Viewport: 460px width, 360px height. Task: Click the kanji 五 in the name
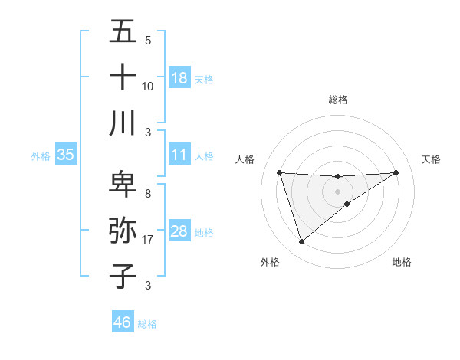pyautogui.click(x=123, y=31)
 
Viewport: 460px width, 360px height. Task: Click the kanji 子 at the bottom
pyautogui.click(x=123, y=275)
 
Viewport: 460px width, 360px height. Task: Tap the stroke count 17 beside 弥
pyautogui.click(x=149, y=240)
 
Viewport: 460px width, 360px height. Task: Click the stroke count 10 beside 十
pyautogui.click(x=148, y=87)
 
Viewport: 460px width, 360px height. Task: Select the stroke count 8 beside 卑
pyautogui.click(x=147, y=194)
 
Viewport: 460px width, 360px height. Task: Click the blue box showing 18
pyautogui.click(x=179, y=78)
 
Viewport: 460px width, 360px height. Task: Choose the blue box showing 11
pyautogui.click(x=179, y=155)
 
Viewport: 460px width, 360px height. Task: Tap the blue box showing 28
pyautogui.click(x=179, y=231)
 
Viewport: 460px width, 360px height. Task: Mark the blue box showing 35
pyautogui.click(x=66, y=155)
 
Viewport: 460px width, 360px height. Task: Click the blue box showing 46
pyautogui.click(x=123, y=322)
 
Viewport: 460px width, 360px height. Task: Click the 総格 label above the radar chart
pyautogui.click(x=338, y=100)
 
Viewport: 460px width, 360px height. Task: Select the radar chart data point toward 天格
pyautogui.click(x=396, y=172)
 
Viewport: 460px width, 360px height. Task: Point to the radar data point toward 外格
pyautogui.click(x=301, y=242)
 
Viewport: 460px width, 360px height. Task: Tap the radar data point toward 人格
pyautogui.click(x=279, y=172)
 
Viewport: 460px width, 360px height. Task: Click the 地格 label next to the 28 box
pyautogui.click(x=204, y=232)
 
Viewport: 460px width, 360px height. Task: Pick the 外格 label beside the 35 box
pyautogui.click(x=41, y=155)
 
